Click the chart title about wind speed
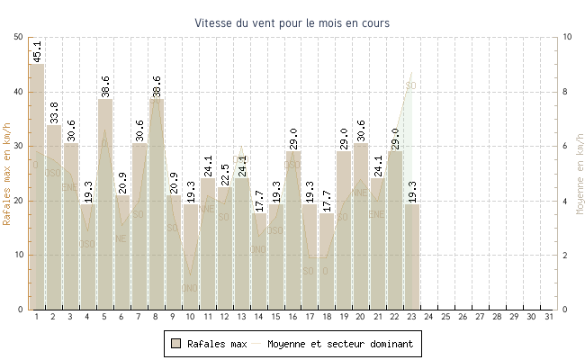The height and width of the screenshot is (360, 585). [x=292, y=22]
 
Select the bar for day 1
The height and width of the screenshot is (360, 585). [x=37, y=189]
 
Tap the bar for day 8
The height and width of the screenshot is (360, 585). [x=157, y=207]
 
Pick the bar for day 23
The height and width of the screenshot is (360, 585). [x=412, y=256]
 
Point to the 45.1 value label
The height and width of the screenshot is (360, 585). [x=37, y=51]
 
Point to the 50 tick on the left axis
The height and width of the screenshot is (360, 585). [x=20, y=37]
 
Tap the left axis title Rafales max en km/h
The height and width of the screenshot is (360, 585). [x=8, y=173]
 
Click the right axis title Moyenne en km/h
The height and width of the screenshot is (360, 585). [x=579, y=173]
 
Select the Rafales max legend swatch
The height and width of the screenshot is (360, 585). [x=176, y=344]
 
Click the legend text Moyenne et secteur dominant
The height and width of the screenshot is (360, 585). [x=343, y=344]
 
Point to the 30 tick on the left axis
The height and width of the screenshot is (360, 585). [x=20, y=146]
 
